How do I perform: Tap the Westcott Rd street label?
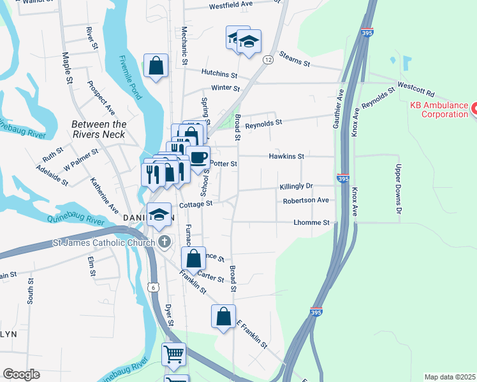pos(415,84)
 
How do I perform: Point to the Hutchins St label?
pos(219,73)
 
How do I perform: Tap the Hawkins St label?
pos(286,156)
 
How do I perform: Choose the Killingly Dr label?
pos(296,187)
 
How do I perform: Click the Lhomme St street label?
pos(311,223)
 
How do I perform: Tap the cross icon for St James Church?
pos(165,242)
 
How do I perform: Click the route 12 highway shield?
pos(268,59)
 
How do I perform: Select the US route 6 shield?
pos(153,288)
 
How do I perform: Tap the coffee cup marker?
pos(198,157)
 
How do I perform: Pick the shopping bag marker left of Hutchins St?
pos(156,66)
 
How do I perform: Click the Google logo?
pos(21,374)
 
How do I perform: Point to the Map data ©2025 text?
pos(450,377)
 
